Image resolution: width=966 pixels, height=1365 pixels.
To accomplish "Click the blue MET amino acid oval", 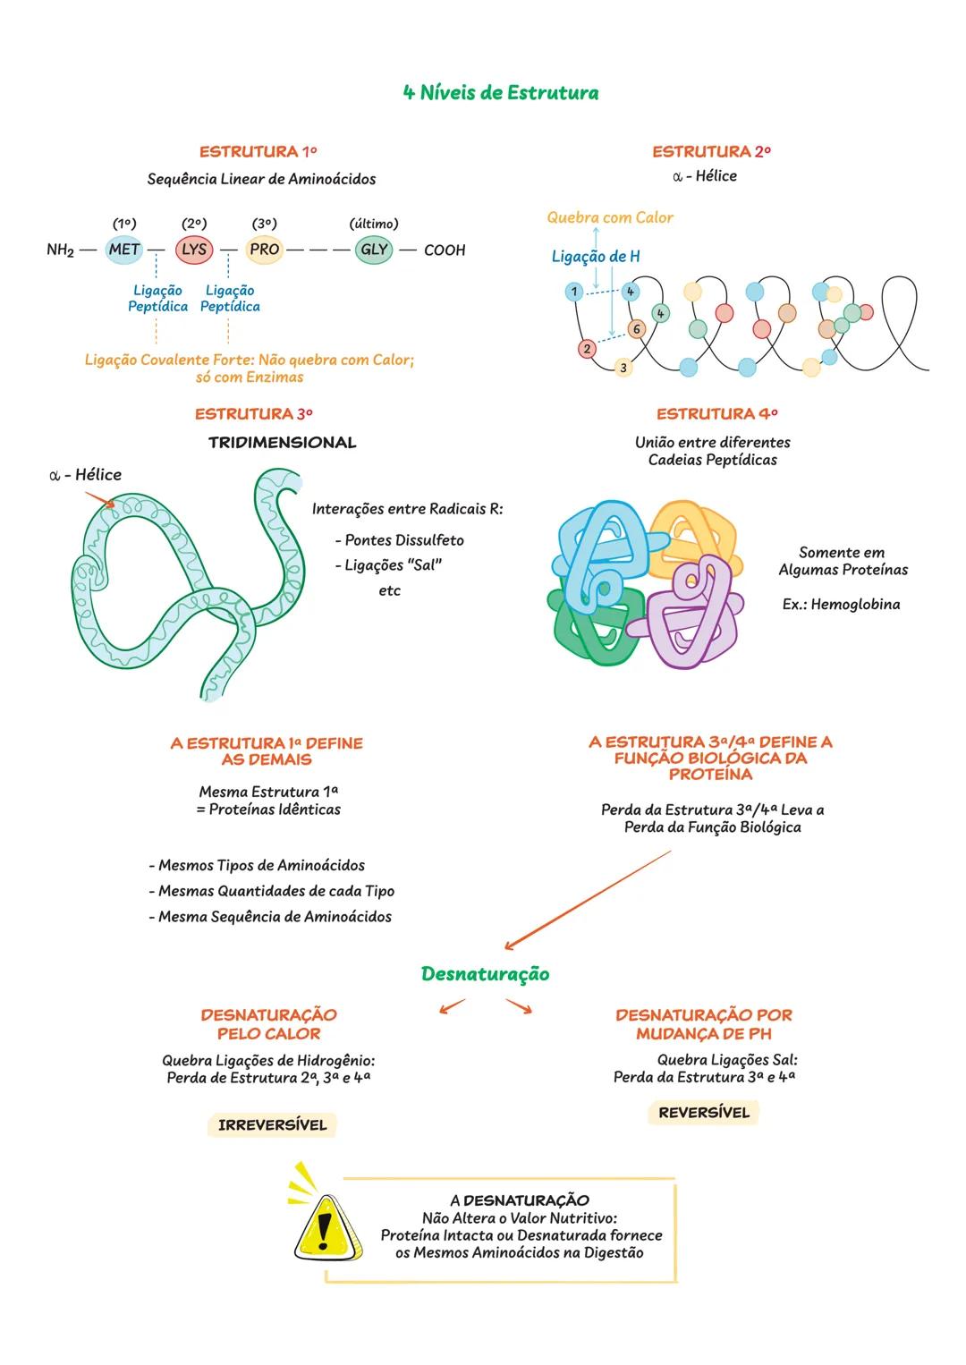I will click(x=124, y=250).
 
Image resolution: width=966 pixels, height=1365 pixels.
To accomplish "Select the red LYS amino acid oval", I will click(x=194, y=250).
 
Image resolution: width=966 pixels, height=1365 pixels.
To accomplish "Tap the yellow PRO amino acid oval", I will click(x=265, y=250).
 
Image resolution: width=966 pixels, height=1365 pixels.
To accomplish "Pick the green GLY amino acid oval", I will click(x=374, y=250).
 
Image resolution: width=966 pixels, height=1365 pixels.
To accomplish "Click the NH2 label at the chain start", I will click(x=60, y=250).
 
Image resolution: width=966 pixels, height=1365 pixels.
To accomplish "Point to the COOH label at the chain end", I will click(x=445, y=250).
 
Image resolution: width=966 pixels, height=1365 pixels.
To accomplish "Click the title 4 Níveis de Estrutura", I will click(x=501, y=93).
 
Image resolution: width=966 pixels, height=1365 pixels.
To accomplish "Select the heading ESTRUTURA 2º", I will click(x=711, y=152).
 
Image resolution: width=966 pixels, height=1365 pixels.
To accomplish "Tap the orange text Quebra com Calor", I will click(x=610, y=217).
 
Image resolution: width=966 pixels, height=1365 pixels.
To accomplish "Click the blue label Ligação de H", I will click(x=596, y=257).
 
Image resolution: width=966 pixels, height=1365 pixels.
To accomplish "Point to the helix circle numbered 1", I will click(x=574, y=292).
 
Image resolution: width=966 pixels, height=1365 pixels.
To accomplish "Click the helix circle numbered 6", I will click(x=636, y=329).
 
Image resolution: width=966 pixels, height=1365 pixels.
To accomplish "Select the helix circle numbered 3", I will click(x=623, y=368).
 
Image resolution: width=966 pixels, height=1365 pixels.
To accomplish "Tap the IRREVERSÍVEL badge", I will click(x=273, y=1125).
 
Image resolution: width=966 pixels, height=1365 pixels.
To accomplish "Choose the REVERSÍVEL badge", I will click(x=704, y=1113).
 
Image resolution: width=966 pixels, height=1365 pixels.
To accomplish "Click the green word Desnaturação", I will click(x=485, y=974).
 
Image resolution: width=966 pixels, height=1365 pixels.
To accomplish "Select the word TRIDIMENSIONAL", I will click(x=282, y=443).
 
